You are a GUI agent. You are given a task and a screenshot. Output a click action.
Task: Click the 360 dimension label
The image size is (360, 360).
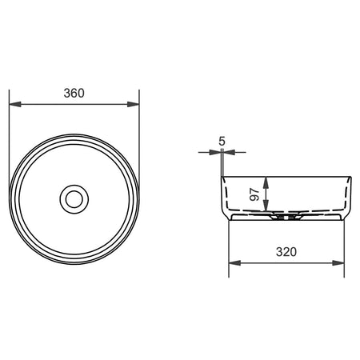(74, 93)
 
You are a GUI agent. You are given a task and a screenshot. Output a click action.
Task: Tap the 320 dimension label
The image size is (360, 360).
(286, 252)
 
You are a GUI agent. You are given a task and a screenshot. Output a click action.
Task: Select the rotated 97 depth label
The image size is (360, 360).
(254, 194)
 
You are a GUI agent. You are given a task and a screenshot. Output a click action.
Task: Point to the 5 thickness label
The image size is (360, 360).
(222, 141)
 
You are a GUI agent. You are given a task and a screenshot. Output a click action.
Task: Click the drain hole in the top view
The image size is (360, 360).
(74, 199)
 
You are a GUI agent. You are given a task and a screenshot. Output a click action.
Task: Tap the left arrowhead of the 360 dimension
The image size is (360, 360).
(15, 104)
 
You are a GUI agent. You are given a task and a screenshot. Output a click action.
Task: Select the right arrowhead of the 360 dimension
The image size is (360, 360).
(133, 104)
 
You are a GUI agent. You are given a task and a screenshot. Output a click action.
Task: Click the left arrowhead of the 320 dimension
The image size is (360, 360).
(235, 263)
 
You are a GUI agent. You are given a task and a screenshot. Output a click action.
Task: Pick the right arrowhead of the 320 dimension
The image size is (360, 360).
(338, 263)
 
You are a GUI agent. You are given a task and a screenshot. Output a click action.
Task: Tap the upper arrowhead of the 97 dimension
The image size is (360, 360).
(266, 183)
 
